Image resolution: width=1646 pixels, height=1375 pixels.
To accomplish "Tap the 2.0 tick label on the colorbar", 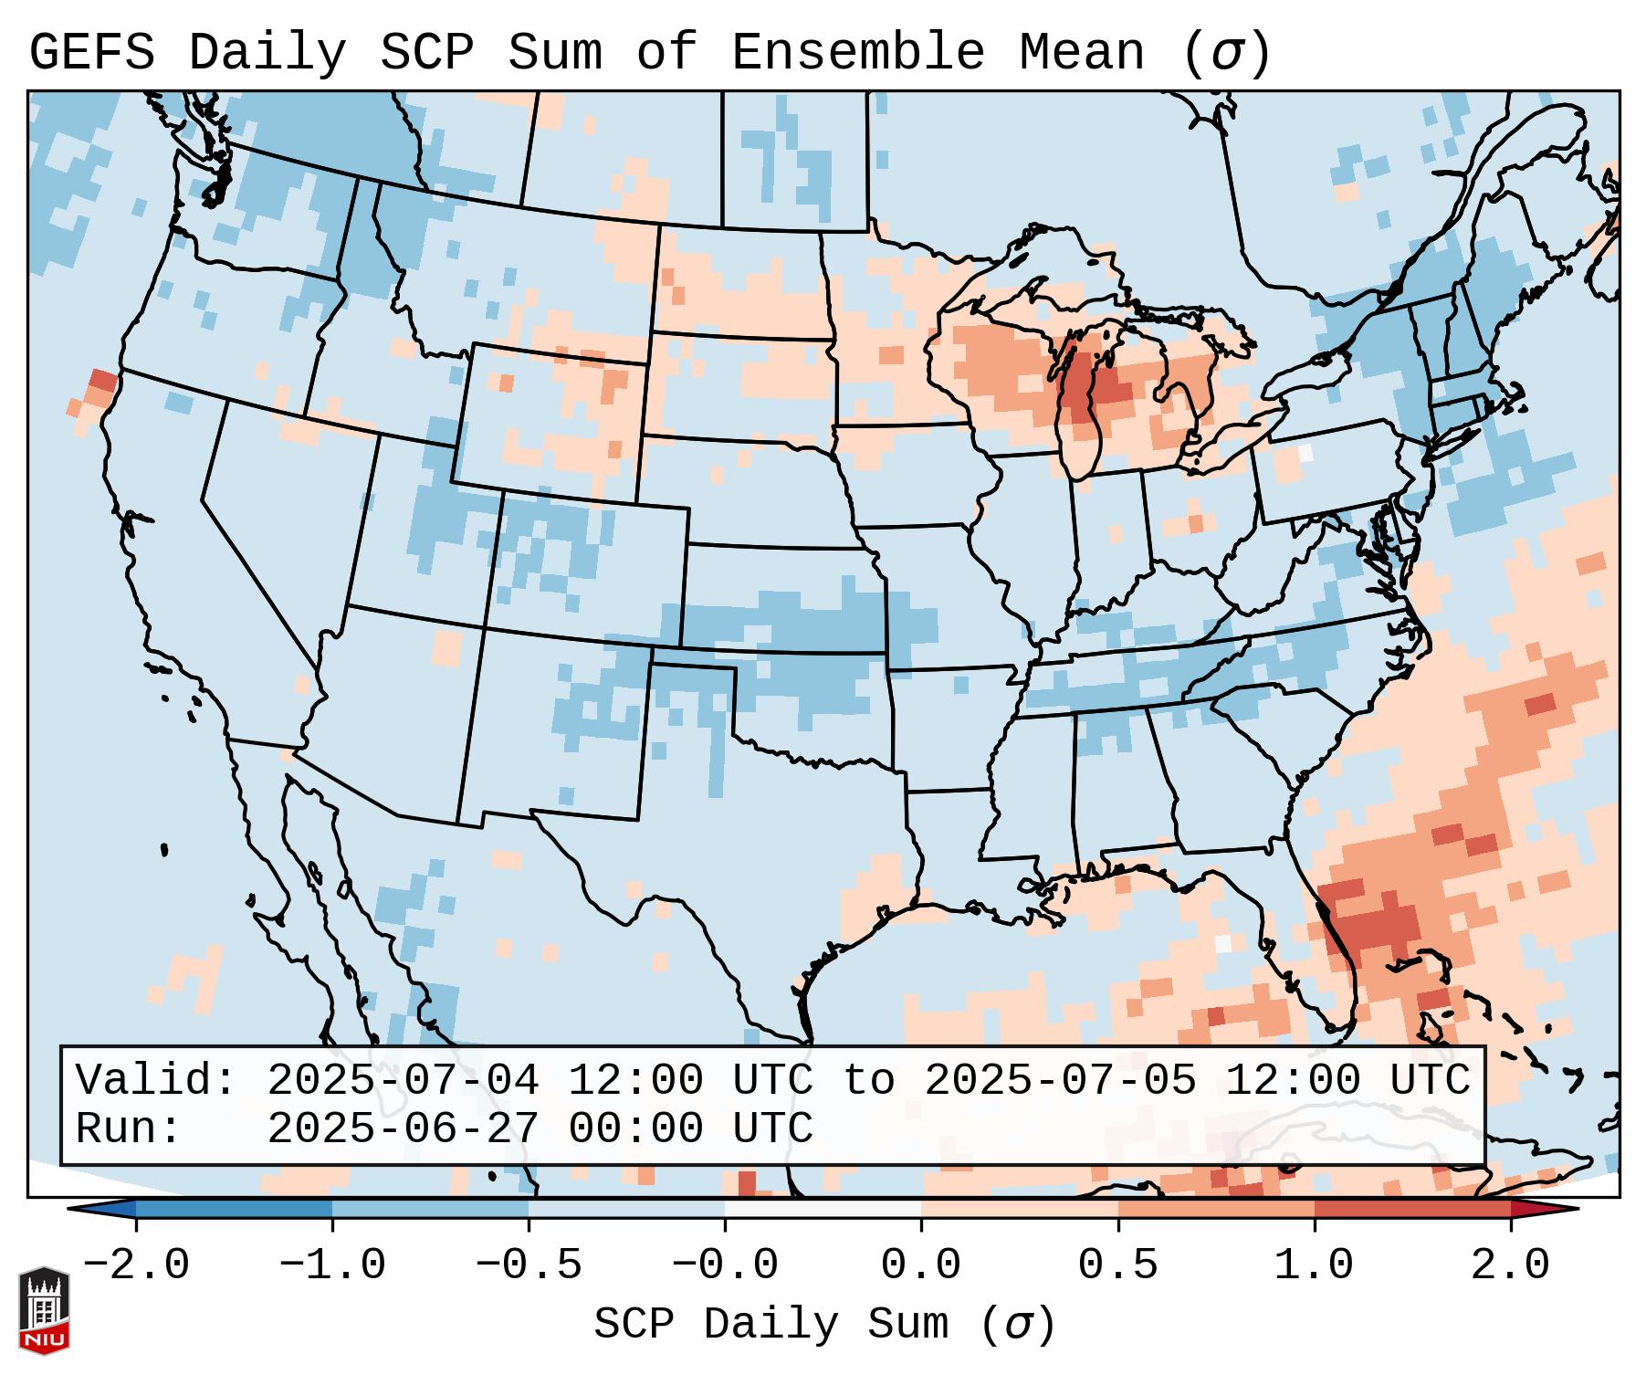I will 1510,1265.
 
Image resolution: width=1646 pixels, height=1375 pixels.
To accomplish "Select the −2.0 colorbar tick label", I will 136,1265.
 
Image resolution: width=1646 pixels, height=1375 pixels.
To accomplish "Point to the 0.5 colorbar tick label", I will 1117,1265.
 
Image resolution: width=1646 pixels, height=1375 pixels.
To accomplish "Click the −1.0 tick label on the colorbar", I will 332,1265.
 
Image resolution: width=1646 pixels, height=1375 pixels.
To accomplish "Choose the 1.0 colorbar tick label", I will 1314,1265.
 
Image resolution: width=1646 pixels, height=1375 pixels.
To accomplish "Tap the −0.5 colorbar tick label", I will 529,1265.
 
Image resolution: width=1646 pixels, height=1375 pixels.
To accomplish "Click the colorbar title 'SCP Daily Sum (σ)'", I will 824,1325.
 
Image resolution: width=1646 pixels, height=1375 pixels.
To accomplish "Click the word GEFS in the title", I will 92,52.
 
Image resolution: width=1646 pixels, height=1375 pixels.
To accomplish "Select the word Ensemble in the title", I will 858,52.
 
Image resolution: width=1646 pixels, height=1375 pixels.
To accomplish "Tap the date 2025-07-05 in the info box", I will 1060,1080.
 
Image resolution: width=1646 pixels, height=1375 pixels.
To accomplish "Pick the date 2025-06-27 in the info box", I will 403,1128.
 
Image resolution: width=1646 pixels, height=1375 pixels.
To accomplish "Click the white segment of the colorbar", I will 823,1209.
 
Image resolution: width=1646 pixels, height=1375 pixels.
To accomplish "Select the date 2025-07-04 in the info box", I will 403,1080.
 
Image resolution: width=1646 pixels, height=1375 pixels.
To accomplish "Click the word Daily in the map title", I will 267,52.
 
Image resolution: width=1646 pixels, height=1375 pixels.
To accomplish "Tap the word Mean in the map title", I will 1081,52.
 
